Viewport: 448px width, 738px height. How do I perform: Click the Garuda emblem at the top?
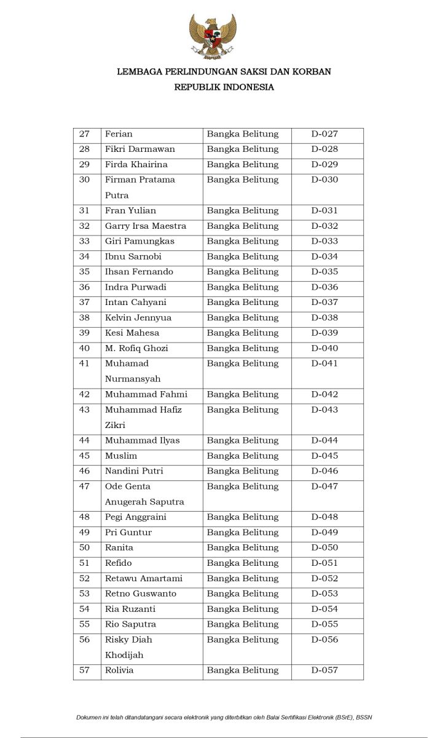point(212,37)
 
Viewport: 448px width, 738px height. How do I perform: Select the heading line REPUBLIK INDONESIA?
point(224,87)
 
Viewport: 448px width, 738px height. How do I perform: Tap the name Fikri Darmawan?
point(140,149)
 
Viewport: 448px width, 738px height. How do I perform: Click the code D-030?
point(324,180)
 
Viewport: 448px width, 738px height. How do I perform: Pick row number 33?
point(85,242)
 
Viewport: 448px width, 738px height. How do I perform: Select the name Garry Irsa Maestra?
point(145,226)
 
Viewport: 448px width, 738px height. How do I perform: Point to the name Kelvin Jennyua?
point(138,318)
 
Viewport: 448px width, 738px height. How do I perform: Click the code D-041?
point(324,364)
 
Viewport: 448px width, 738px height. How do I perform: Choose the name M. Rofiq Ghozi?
point(136,349)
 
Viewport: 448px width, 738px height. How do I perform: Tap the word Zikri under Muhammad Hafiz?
point(115,426)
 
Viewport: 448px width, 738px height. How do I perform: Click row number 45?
point(85,456)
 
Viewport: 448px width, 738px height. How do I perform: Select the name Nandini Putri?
point(134,471)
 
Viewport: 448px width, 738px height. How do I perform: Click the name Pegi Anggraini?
point(135,517)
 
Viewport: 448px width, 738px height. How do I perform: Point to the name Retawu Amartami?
point(143,579)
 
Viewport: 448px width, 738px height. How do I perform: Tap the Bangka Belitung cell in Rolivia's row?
point(242,670)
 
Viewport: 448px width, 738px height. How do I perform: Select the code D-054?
point(324,609)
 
